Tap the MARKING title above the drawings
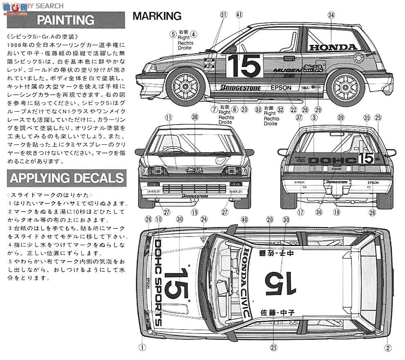[157, 16]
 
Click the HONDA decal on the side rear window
[333, 47]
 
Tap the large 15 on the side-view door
[243, 65]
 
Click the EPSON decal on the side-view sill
[281, 87]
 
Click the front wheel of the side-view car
[185, 85]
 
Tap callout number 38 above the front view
[195, 117]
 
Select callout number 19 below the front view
[195, 212]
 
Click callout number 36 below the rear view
[318, 212]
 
